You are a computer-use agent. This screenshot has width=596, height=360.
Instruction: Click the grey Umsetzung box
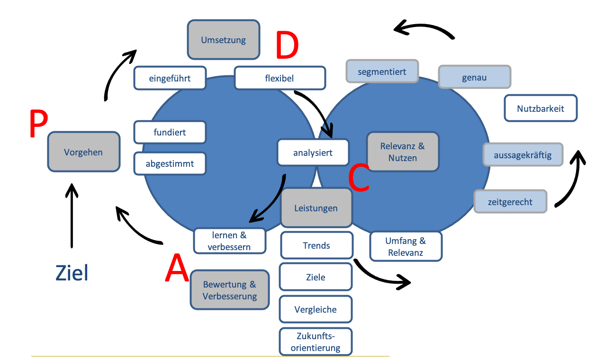pyautogui.click(x=224, y=40)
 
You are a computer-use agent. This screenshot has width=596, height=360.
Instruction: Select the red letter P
pyautogui.click(x=38, y=124)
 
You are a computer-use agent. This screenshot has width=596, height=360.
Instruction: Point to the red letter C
pyautogui.click(x=359, y=178)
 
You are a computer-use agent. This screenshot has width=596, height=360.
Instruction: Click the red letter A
pyautogui.click(x=177, y=268)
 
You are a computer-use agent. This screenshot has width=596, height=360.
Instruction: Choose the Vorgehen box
pyautogui.click(x=83, y=152)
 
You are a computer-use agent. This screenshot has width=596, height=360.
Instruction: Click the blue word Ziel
pyautogui.click(x=72, y=273)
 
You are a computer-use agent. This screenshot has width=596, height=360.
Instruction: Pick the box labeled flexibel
pyautogui.click(x=280, y=78)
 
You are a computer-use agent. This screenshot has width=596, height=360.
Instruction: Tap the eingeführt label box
pyautogui.click(x=170, y=78)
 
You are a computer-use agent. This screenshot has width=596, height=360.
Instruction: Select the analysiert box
pyautogui.click(x=313, y=153)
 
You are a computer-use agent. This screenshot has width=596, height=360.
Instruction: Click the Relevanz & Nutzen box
pyautogui.click(x=402, y=152)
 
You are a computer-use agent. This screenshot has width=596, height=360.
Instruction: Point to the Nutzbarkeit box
pyautogui.click(x=540, y=108)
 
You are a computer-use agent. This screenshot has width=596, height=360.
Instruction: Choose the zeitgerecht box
pyautogui.click(x=510, y=202)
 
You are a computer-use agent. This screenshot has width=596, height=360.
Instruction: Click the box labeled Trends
pyautogui.click(x=316, y=245)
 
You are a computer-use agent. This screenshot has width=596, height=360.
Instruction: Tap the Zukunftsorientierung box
pyautogui.click(x=316, y=342)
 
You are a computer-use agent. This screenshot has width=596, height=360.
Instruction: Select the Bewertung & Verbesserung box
pyautogui.click(x=229, y=290)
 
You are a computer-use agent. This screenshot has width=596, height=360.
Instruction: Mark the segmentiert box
pyautogui.click(x=382, y=72)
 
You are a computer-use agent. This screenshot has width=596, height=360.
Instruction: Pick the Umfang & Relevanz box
pyautogui.click(x=405, y=246)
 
